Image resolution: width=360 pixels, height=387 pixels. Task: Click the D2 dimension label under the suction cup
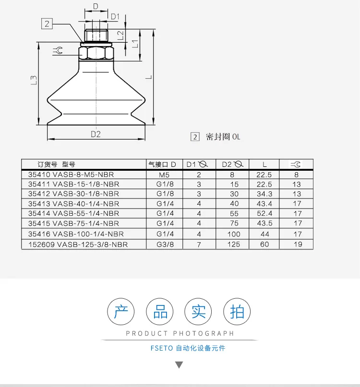[96, 134]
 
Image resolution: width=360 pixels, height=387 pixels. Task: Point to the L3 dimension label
[34, 80]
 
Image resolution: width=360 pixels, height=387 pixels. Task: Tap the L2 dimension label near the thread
[120, 35]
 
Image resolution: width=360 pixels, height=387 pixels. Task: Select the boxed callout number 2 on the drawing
[47, 24]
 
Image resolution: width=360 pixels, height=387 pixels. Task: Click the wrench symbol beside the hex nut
[58, 51]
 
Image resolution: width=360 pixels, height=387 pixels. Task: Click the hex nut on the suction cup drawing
[96, 53]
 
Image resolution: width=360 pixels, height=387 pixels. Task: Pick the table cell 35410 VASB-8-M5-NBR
[71, 175]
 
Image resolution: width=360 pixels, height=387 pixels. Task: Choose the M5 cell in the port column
[164, 175]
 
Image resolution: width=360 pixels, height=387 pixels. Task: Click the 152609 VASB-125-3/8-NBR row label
[78, 245]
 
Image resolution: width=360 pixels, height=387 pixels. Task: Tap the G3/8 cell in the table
[165, 245]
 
